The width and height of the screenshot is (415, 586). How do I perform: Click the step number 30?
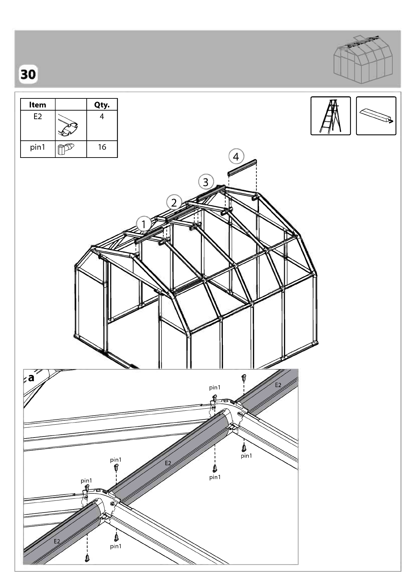coord(28,74)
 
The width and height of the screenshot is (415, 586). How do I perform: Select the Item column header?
coord(38,105)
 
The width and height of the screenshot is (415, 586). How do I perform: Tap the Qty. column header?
coord(102,105)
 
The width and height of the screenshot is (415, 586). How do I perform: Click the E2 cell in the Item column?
coord(38,117)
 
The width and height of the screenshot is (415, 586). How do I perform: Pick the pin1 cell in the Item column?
coord(38,147)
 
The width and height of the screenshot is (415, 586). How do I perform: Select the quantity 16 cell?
coord(102,147)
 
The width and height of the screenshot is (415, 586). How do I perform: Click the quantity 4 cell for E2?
coord(102,117)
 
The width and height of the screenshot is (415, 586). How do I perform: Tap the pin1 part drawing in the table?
coord(66,149)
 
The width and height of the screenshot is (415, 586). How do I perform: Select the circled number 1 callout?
coord(144,224)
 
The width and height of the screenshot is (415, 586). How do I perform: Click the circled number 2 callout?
coord(174,202)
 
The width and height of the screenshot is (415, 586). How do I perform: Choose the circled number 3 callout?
coord(206,182)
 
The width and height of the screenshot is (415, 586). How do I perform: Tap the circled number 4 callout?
coord(236,157)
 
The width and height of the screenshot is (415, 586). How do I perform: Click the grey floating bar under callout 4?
coord(242,168)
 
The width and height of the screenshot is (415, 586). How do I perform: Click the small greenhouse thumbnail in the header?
coord(363,59)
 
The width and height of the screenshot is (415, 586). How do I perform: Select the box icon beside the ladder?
coord(376,116)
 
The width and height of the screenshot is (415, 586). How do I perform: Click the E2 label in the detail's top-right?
coord(278,385)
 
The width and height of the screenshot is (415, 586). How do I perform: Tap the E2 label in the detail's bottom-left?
coord(57,541)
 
